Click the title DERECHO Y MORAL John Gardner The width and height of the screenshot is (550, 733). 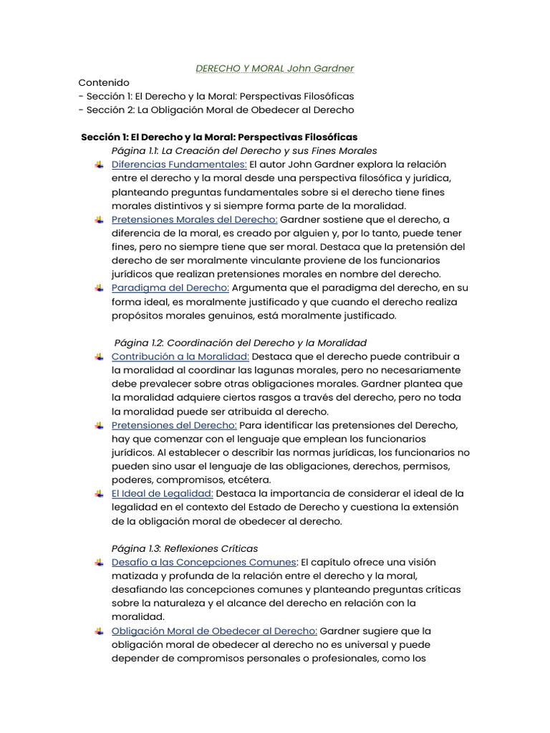coord(275,69)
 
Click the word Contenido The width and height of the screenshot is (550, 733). coord(104,82)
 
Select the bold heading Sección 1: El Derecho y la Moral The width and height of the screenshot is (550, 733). coord(219,137)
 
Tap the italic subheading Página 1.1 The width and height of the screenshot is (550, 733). coord(244,150)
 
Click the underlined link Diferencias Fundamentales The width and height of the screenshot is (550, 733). coord(179,164)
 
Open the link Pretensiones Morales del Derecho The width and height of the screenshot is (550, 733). coord(194,219)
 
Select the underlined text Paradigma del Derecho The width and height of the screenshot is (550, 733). coord(170,288)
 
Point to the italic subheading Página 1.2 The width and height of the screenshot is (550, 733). coord(240,343)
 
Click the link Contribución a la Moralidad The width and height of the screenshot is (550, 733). coord(180,356)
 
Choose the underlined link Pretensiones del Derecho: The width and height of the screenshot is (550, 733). coord(174,425)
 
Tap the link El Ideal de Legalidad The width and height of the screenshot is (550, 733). coord(163,494)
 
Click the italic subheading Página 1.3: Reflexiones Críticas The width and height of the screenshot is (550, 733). coord(185,548)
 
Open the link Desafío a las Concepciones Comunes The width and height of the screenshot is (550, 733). coord(203,562)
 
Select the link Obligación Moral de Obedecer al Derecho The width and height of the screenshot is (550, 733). coord(214,631)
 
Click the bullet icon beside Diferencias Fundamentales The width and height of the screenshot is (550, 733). coord(98,165)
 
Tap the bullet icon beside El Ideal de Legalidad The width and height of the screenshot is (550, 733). coord(98,494)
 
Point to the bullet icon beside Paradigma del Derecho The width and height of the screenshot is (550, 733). coord(98,288)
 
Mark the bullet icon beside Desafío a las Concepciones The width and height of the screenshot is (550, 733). coord(98,563)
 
